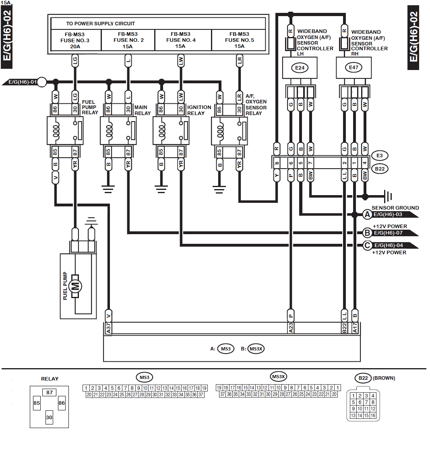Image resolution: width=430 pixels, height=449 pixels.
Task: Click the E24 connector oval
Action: [300, 68]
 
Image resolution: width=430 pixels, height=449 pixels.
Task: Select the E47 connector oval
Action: [354, 68]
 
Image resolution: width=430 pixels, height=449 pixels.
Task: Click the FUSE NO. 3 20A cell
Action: [74, 40]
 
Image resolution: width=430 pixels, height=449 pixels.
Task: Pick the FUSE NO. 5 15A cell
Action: [239, 40]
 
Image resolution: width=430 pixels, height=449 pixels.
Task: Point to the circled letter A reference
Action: [367, 214]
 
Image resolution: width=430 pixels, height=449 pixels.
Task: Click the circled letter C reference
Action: [367, 245]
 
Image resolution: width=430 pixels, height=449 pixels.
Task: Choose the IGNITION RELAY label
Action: [199, 110]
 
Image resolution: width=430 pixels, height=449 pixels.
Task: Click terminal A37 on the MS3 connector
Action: [109, 328]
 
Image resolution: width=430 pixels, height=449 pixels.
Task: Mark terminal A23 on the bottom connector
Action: [291, 328]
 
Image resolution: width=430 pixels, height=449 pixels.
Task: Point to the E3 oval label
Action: [380, 156]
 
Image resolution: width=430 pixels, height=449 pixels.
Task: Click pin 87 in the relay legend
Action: [50, 392]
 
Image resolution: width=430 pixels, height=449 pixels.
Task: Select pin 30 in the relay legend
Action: [49, 418]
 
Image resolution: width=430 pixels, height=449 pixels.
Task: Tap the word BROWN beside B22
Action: [384, 378]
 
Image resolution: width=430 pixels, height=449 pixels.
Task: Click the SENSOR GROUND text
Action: [395, 208]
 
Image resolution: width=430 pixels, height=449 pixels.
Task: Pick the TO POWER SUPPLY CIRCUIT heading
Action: [101, 23]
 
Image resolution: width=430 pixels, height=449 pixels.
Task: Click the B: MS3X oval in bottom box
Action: [256, 349]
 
